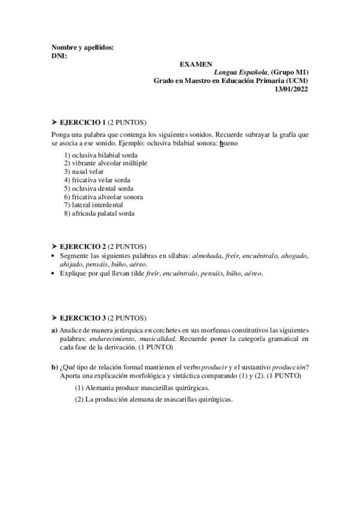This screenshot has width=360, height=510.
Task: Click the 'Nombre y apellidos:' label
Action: tap(82, 47)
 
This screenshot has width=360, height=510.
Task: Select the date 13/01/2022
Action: tap(291, 89)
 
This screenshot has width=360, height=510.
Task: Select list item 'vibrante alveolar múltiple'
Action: tap(105, 163)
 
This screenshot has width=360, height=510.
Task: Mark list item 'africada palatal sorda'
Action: tap(99, 213)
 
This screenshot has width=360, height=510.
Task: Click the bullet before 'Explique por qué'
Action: tap(54, 274)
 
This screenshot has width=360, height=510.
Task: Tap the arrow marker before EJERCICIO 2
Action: tap(54, 247)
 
